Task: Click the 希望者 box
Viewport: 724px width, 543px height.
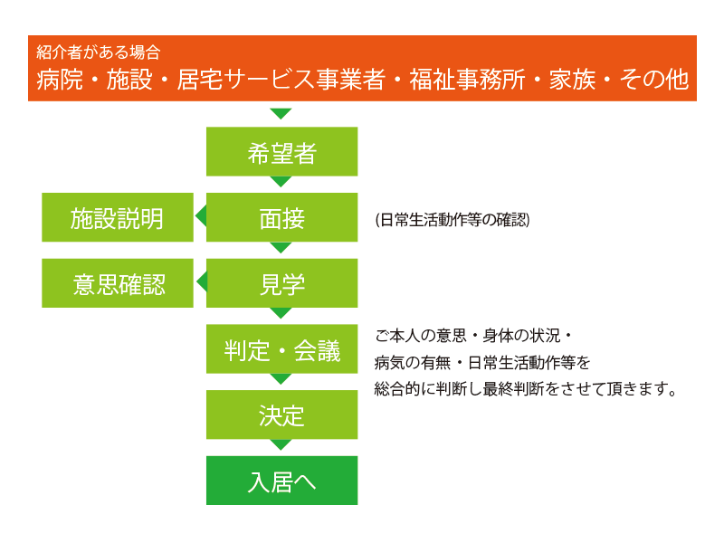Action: [x=281, y=151]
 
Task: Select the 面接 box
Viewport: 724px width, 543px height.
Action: [x=281, y=217]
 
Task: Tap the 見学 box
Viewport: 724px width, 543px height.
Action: [x=281, y=283]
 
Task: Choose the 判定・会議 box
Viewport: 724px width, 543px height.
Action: [x=281, y=348]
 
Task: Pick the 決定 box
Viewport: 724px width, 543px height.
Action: [x=281, y=414]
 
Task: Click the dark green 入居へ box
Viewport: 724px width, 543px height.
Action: [x=281, y=481]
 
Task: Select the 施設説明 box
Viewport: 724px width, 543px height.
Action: [x=118, y=217]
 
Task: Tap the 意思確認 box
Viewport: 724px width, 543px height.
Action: [x=118, y=283]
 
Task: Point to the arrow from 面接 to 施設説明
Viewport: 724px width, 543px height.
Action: [x=201, y=216]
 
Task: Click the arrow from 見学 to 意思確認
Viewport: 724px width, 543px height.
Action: [x=202, y=281]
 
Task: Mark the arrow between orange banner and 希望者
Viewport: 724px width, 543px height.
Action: [x=281, y=114]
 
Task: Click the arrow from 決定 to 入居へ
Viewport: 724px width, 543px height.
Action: [x=281, y=444]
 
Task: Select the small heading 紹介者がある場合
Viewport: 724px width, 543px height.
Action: [x=99, y=52]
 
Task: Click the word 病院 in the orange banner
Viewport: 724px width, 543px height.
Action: [x=60, y=79]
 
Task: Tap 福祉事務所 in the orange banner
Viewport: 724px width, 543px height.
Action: [x=467, y=79]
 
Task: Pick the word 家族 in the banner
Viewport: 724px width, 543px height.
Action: [x=572, y=79]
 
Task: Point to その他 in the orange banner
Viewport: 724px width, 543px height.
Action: [x=653, y=79]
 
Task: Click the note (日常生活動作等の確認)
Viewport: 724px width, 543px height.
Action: [x=452, y=220]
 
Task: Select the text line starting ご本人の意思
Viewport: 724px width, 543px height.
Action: [x=473, y=336]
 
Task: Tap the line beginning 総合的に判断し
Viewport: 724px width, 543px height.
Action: [x=526, y=389]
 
